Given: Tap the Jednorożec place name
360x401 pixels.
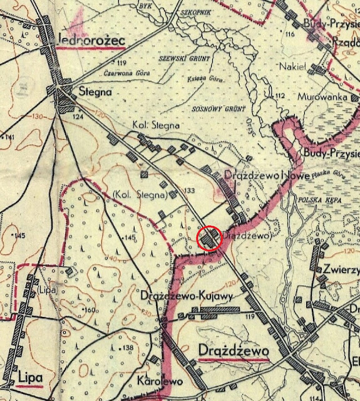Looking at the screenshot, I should pyautogui.click(x=91, y=40).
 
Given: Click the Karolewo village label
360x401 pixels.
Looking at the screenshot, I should pyautogui.click(x=157, y=380).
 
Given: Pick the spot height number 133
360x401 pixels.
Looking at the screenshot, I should pyautogui.click(x=189, y=190).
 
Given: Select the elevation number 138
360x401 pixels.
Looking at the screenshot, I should pyautogui.click(x=129, y=348).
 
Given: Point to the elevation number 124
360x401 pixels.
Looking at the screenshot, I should pyautogui.click(x=78, y=117).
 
